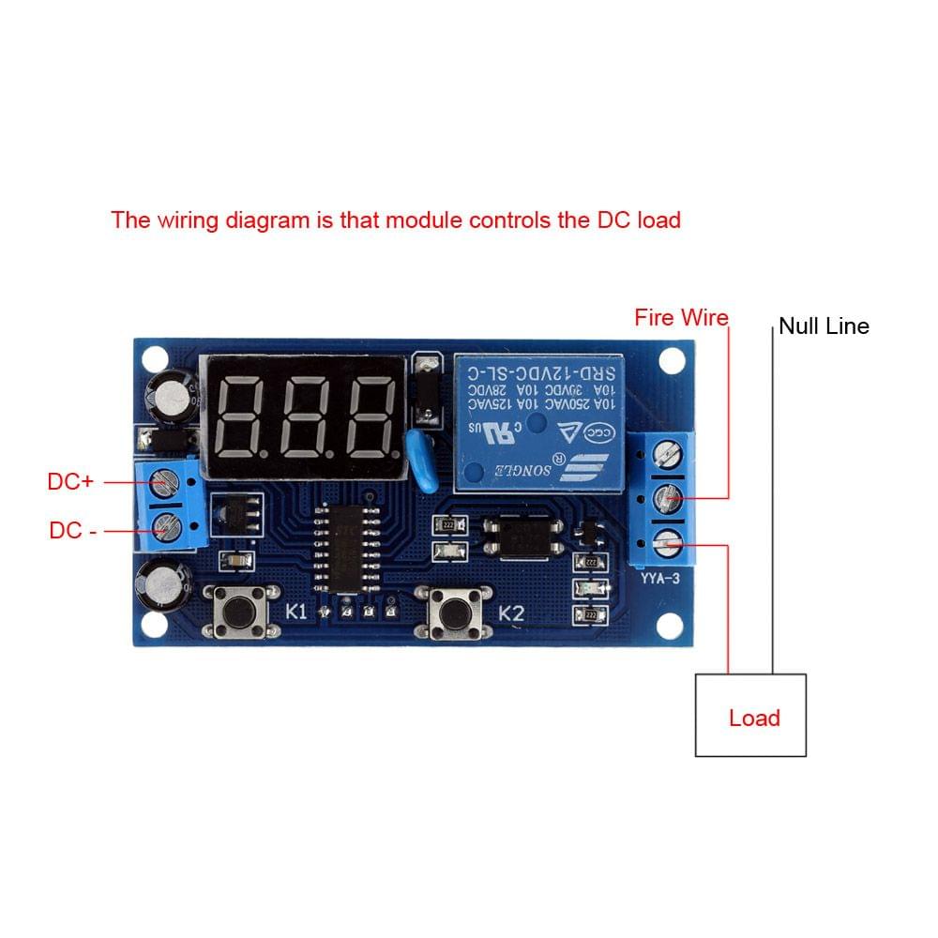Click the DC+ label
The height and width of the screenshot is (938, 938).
pos(70,481)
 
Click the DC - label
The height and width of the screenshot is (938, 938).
pos(72,530)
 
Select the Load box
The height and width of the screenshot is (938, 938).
pos(750,715)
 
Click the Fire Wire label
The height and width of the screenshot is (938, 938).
pos(681,318)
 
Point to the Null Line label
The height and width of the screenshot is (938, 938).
pos(824,326)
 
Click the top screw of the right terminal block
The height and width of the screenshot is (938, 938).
pos(667,455)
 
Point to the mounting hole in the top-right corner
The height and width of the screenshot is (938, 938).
pos(672,359)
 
